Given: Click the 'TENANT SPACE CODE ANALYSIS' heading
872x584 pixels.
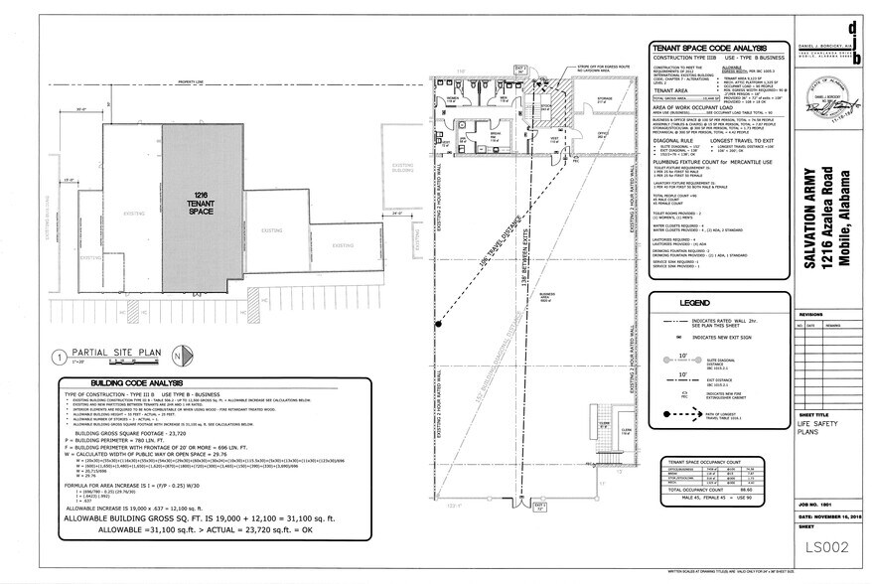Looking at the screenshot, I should point(710,48).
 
